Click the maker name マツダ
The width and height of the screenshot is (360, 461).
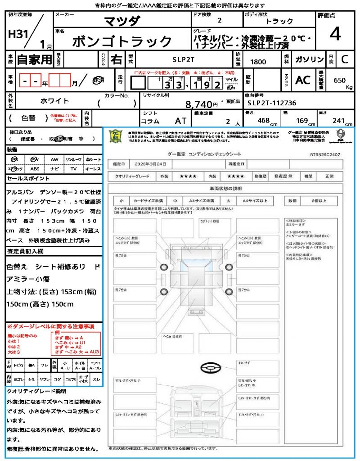122,21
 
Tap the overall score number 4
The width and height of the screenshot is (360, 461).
335,34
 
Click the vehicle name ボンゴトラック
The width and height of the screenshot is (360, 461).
121,41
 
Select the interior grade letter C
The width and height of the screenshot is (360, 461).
344,59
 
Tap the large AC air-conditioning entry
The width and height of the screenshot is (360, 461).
302,80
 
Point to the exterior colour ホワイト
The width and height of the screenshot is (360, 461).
55,101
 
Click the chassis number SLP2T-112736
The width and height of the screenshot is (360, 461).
272,103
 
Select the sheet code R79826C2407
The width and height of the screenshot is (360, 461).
325,154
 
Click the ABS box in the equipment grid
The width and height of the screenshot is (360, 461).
35,169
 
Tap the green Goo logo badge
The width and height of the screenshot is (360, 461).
116,136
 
